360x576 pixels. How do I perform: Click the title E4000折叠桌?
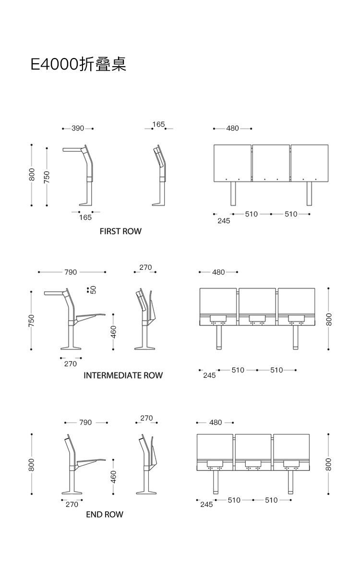(x=78, y=64)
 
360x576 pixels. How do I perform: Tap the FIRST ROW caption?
(x=120, y=231)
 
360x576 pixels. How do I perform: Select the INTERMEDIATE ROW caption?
(x=123, y=375)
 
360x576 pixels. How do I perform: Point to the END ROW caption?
(x=105, y=515)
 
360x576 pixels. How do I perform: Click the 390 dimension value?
(x=78, y=129)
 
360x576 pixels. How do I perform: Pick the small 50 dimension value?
(x=94, y=289)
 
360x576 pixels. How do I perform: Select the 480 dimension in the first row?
(x=232, y=129)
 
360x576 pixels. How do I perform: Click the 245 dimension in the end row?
(x=206, y=504)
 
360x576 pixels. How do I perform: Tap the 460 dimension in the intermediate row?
(x=114, y=331)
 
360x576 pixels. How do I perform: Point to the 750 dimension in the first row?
(x=47, y=177)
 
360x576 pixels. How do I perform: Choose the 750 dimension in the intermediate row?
(x=32, y=320)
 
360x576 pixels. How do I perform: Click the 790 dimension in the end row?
(x=85, y=423)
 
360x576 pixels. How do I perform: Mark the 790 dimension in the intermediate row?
(x=71, y=272)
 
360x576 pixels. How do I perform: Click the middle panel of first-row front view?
(x=271, y=163)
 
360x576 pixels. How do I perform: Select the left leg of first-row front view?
(x=233, y=194)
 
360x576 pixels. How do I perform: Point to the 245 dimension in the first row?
(x=224, y=221)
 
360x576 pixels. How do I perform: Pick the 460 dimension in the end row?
(x=114, y=477)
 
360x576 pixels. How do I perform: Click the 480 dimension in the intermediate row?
(x=218, y=272)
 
